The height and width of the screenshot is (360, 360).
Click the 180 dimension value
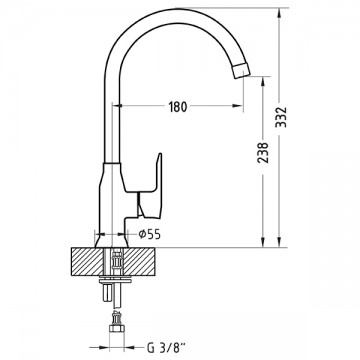pos(178,106)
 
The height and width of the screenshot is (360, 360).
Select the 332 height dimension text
pos(282,117)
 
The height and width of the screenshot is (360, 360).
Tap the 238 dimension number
pos(263,153)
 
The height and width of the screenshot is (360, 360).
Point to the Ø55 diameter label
pos(150,234)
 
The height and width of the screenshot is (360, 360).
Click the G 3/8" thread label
pos(166,348)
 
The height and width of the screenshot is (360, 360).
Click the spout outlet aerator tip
pos(241,70)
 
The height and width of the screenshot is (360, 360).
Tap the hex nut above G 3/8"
pos(117,329)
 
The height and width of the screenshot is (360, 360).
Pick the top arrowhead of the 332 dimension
pos(280,13)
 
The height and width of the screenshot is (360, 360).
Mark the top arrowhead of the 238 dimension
pos(263,82)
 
